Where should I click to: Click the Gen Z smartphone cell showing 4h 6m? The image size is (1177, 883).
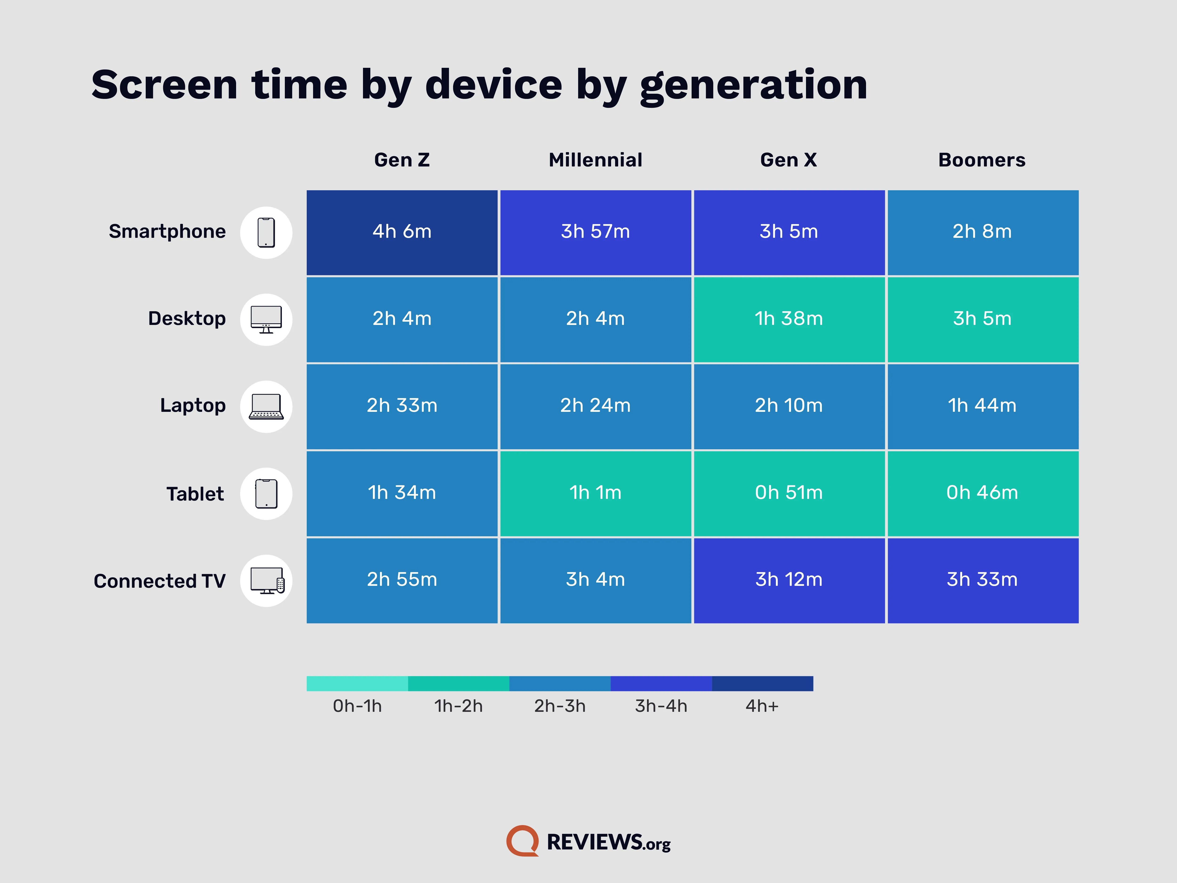coord(402,232)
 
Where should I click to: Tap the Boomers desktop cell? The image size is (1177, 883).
coord(982,319)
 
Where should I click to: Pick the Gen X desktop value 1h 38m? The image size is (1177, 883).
coord(789,319)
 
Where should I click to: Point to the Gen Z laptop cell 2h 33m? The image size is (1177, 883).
coord(402,406)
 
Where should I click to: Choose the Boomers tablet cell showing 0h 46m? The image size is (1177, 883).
coord(982,493)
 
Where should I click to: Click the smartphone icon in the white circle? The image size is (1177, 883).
coord(266,233)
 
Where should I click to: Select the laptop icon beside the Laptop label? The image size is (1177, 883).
coord(266,407)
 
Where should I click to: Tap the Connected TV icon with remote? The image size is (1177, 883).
coord(267,581)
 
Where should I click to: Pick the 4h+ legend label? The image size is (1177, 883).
coord(762,706)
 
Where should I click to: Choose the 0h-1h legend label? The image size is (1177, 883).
coord(357,706)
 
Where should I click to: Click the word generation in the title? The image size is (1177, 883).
coord(754,85)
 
